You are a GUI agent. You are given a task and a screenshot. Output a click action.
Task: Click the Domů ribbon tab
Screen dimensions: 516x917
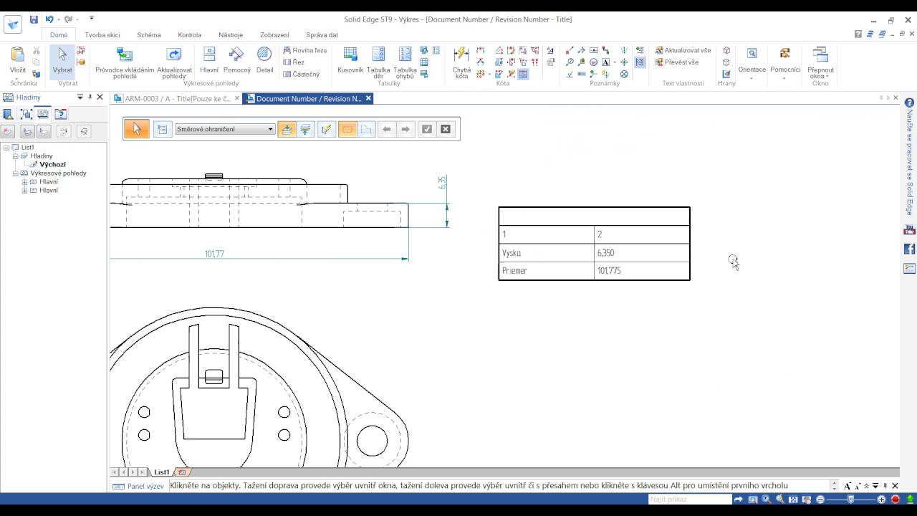click(59, 34)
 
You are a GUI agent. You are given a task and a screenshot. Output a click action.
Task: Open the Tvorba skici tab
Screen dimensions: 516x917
click(102, 34)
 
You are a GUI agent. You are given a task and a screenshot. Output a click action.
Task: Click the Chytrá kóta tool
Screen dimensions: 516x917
click(461, 61)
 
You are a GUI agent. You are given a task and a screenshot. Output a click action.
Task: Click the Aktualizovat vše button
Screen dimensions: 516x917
click(683, 51)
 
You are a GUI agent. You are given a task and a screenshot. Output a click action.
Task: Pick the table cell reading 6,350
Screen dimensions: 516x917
click(641, 253)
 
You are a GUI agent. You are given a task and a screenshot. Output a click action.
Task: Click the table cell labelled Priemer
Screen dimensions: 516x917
click(546, 271)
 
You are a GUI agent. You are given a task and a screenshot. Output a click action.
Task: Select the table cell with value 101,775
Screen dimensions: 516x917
click(641, 271)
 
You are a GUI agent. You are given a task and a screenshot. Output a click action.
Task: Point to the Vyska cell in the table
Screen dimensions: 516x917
click(546, 253)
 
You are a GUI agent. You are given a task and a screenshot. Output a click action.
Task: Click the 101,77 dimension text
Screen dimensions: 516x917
click(214, 254)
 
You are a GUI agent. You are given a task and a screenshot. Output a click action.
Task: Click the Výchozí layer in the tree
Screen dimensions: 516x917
click(52, 165)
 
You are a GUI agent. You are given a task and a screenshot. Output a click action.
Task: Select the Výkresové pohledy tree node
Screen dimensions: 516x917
click(58, 173)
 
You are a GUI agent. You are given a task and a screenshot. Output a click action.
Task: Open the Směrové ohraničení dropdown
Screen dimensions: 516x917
click(225, 129)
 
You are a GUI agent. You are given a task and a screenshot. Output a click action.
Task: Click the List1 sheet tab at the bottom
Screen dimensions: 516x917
click(162, 472)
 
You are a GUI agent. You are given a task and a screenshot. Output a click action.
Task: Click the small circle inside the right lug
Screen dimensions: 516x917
click(372, 440)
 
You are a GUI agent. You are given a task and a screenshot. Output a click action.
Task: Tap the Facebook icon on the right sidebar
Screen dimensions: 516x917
click(910, 249)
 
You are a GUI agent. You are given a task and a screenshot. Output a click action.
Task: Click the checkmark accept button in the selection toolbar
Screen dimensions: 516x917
click(427, 129)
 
